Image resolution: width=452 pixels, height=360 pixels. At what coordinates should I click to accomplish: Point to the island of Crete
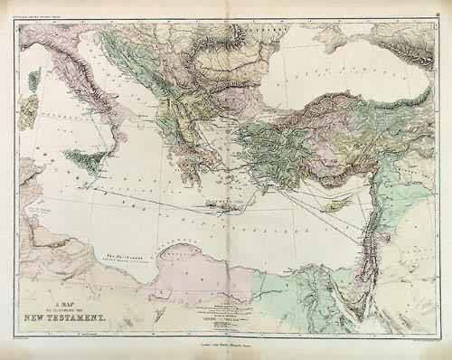point(218,207)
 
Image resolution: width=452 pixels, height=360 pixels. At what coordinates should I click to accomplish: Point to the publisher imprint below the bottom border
point(226,345)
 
